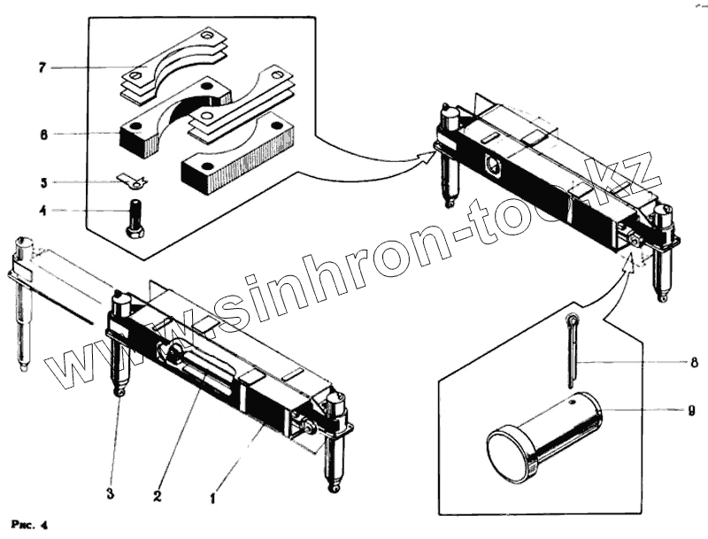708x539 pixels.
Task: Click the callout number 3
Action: (x=110, y=494)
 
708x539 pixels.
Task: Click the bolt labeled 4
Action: (x=135, y=217)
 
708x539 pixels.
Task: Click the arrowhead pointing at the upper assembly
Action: (x=429, y=156)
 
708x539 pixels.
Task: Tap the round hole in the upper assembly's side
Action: (x=493, y=165)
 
